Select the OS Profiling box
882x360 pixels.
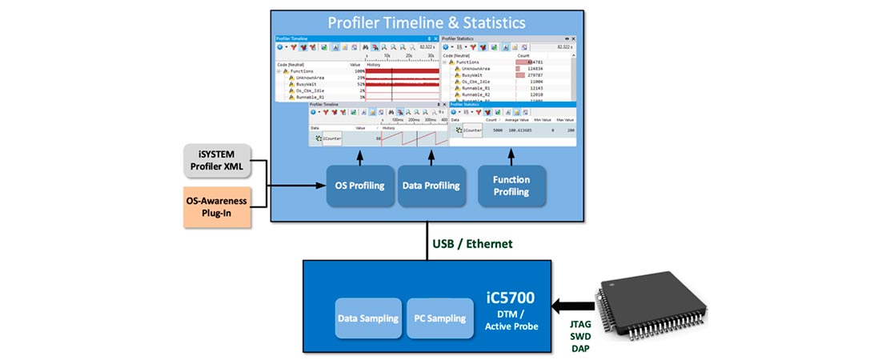click(x=359, y=186)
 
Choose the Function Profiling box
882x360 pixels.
click(x=511, y=186)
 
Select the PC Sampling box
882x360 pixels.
click(x=439, y=318)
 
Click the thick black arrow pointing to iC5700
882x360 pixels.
click(x=575, y=305)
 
